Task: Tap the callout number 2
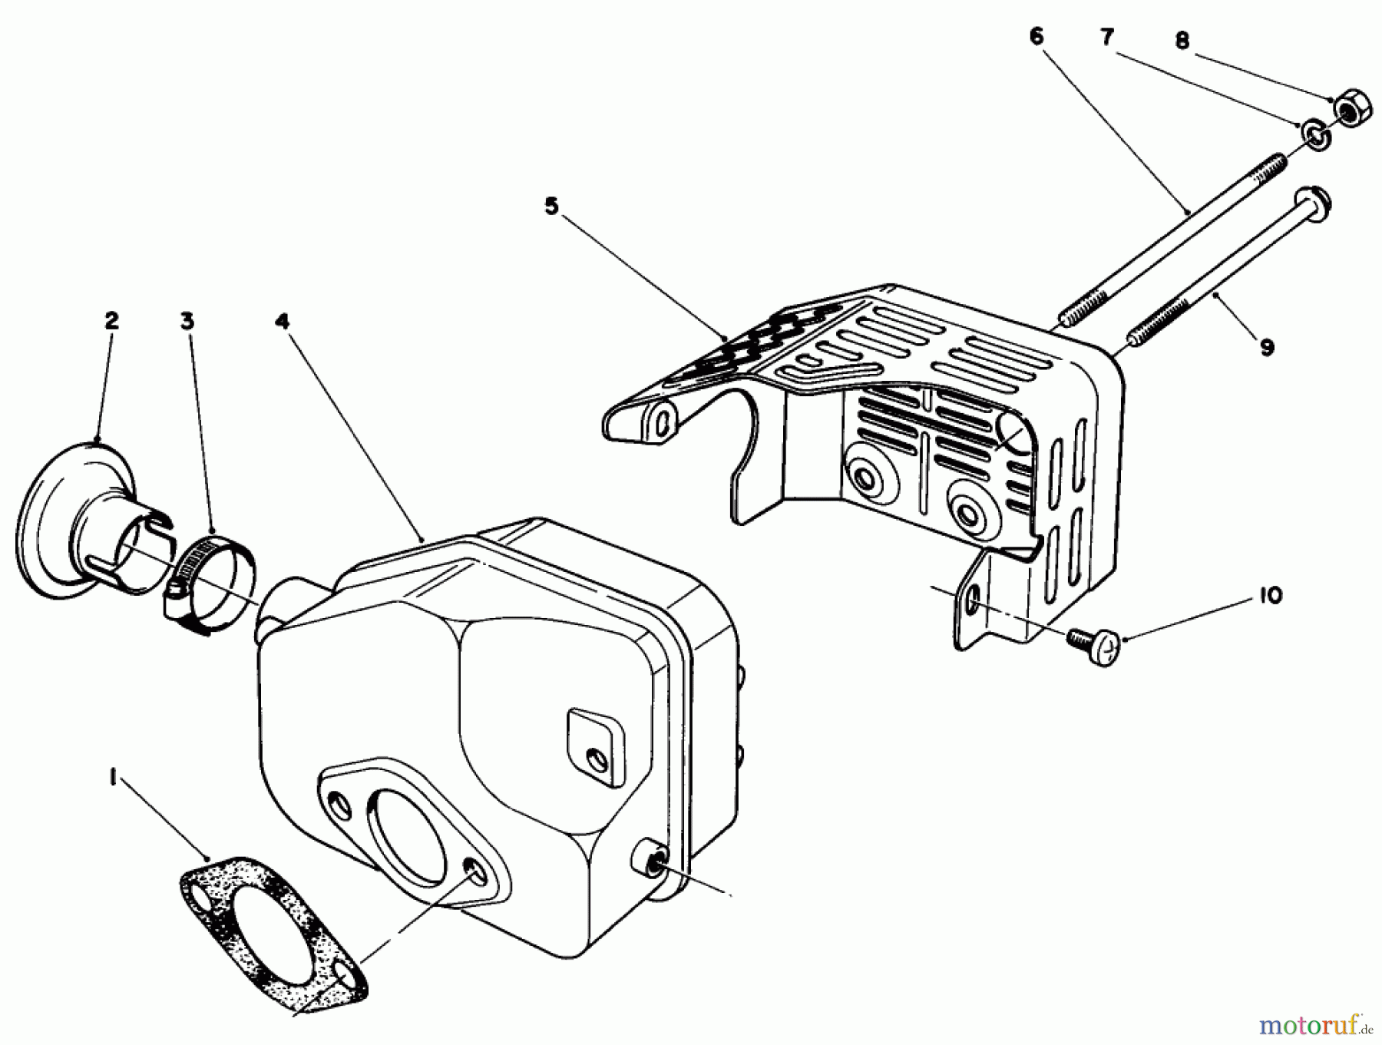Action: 111,320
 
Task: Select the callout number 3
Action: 187,320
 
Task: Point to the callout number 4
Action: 283,320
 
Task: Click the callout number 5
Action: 551,207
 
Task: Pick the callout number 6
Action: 1036,36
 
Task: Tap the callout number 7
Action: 1107,36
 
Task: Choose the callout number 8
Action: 1182,40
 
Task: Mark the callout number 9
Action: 1266,347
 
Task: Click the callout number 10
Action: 1271,595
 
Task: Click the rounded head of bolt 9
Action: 1313,204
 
